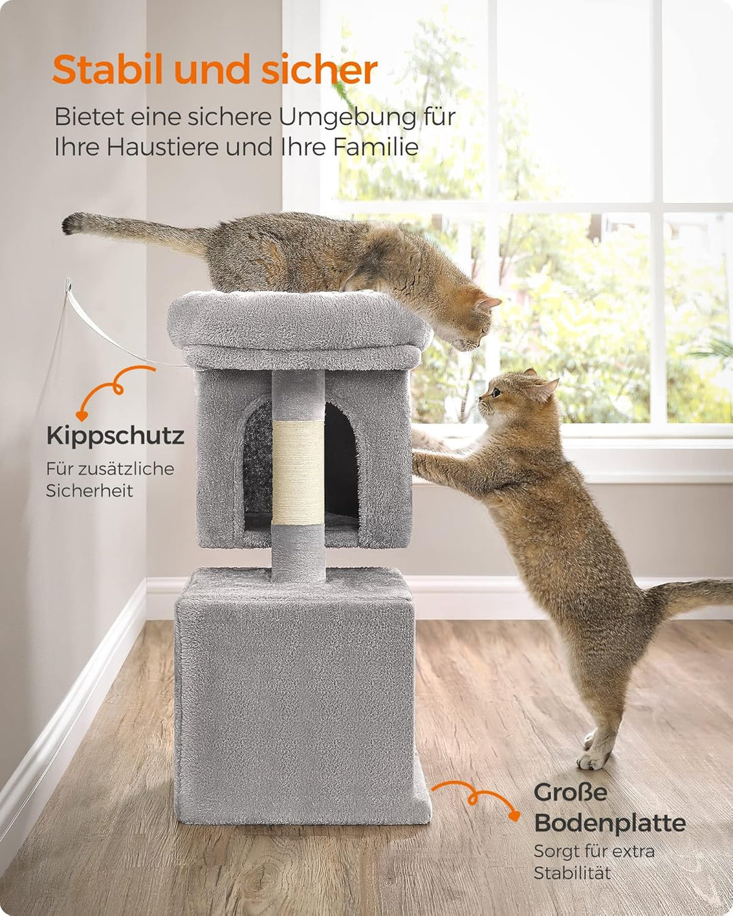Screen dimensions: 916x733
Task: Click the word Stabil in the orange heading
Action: pos(109,69)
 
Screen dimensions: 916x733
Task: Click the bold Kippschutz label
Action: pos(115,436)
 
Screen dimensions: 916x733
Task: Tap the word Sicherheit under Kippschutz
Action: pos(90,491)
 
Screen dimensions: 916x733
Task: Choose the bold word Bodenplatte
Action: pos(609,822)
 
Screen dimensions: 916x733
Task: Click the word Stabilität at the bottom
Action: pos(572,873)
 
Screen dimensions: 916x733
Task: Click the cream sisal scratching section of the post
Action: pos(299,472)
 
